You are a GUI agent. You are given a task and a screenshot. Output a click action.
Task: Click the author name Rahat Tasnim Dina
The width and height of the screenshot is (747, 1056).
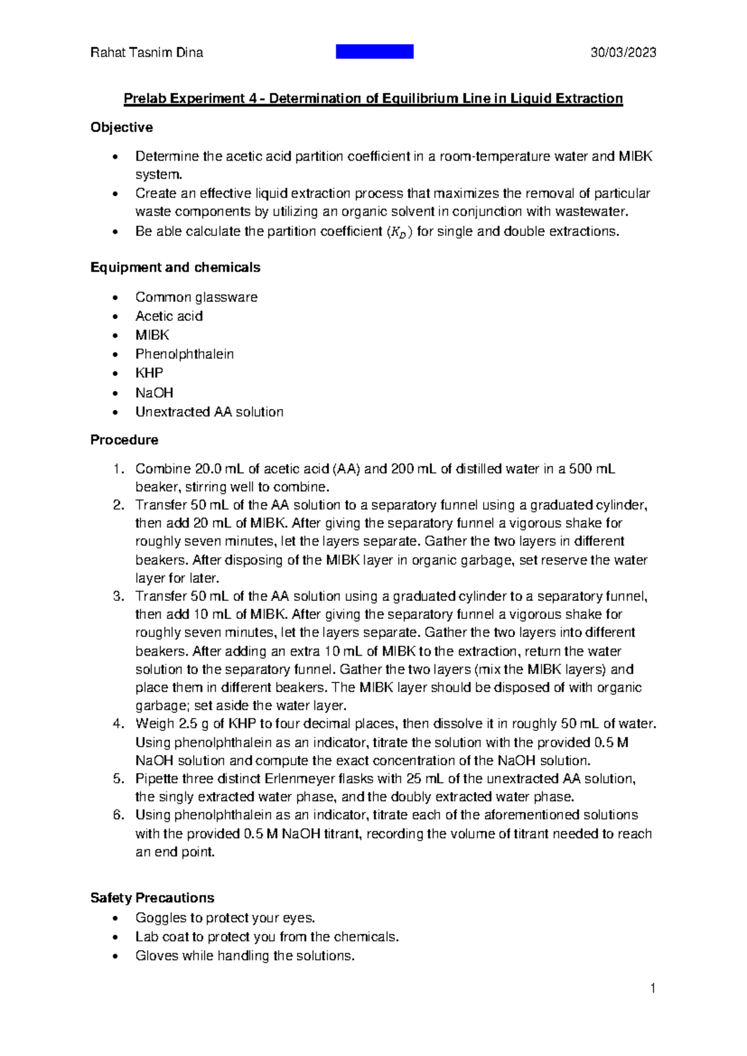pyautogui.click(x=147, y=52)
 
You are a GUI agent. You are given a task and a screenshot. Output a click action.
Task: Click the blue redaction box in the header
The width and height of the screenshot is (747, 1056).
pyautogui.click(x=374, y=52)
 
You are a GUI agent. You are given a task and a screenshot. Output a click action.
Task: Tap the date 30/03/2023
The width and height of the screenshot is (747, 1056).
pyautogui.click(x=623, y=52)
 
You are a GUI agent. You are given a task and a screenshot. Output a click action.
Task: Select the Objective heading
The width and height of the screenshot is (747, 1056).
pyautogui.click(x=121, y=128)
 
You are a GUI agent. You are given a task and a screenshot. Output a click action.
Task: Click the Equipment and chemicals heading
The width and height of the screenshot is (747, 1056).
pyautogui.click(x=175, y=268)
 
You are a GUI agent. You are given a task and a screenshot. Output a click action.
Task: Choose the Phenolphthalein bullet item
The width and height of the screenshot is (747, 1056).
pyautogui.click(x=184, y=354)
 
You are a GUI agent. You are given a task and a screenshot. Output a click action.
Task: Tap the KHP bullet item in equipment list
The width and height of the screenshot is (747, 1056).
pyautogui.click(x=149, y=373)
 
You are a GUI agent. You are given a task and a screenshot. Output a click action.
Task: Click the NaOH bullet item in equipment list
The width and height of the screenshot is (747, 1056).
pyautogui.click(x=154, y=393)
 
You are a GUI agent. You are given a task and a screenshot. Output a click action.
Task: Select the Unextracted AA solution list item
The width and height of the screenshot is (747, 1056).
pyautogui.click(x=209, y=412)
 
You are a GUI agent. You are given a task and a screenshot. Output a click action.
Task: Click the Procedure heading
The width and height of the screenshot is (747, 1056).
pyautogui.click(x=124, y=440)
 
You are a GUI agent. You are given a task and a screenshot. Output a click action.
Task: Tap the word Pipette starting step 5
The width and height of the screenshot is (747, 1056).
pyautogui.click(x=157, y=779)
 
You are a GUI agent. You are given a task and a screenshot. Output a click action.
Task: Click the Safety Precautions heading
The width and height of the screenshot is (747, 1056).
pyautogui.click(x=152, y=898)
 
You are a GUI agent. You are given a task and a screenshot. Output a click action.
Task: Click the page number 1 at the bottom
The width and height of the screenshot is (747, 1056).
pyautogui.click(x=652, y=988)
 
